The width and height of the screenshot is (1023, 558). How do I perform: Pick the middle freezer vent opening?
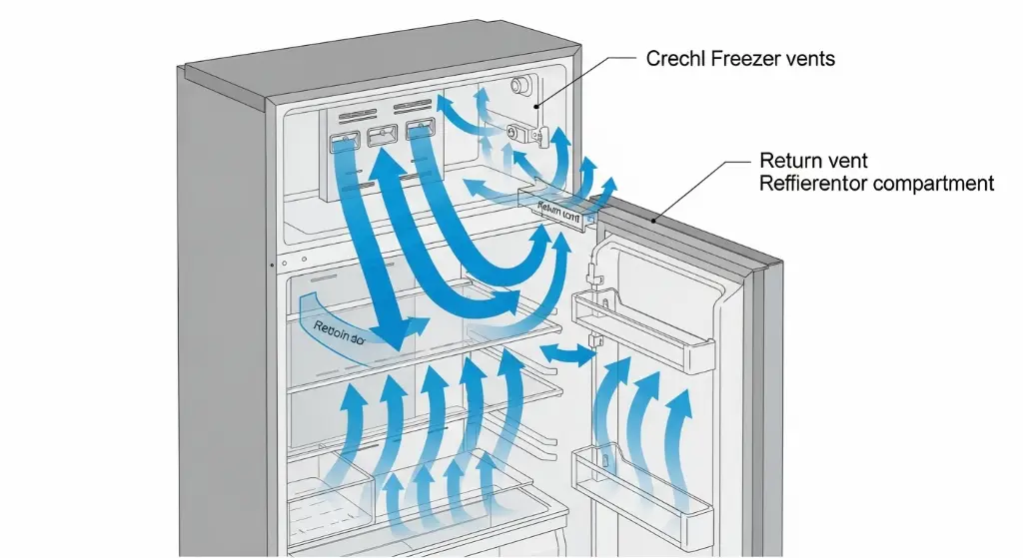383,137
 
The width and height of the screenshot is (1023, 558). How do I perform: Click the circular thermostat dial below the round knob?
517,131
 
